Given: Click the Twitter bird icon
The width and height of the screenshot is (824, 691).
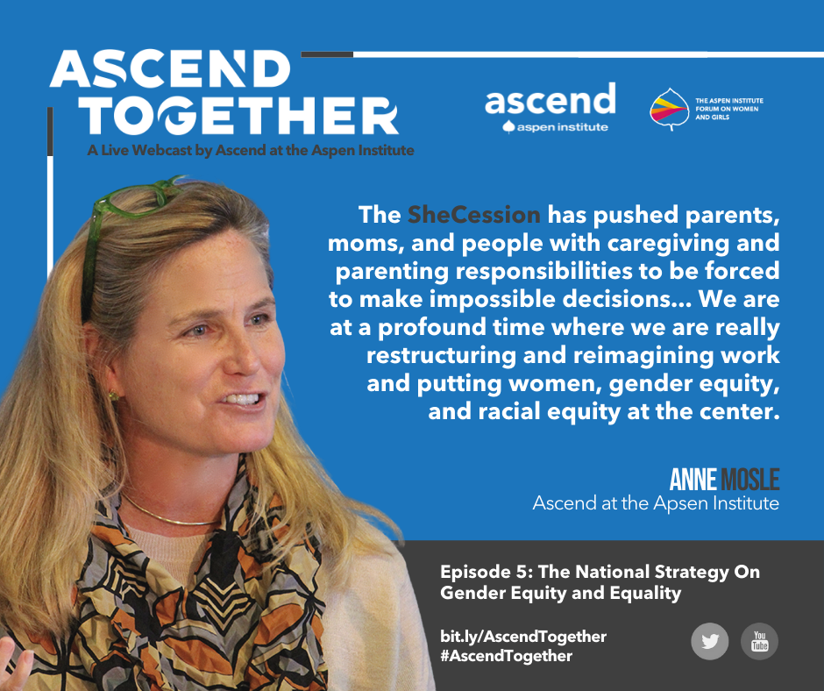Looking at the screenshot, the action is (709, 642).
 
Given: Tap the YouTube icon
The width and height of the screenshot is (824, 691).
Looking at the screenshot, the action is (759, 642).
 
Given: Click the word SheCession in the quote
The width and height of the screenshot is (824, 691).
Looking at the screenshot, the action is (474, 215).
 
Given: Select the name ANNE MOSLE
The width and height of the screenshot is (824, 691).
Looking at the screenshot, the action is (724, 480).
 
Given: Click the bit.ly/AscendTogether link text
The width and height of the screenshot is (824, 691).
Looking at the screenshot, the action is (523, 637).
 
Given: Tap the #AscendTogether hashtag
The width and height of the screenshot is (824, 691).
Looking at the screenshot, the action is (506, 656).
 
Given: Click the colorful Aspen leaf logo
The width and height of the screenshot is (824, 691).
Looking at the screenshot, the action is (669, 110).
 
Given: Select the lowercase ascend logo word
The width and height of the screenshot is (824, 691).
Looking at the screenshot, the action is (550, 99).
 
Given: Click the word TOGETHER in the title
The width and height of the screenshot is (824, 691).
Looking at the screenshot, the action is (238, 116).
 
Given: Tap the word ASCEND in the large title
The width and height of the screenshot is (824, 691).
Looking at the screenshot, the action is (170, 69).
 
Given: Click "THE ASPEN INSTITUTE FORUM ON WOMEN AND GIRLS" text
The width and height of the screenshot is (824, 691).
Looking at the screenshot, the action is (728, 109).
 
